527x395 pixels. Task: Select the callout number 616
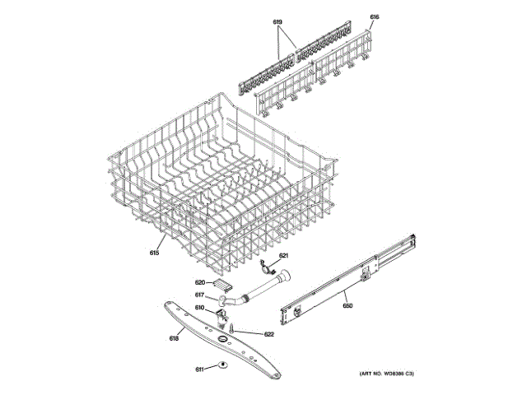375,17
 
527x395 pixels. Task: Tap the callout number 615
154,253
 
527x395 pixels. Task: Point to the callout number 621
284,256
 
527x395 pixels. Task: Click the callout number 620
199,282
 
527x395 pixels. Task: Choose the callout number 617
199,295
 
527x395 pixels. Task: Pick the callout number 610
199,308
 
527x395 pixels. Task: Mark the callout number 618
174,338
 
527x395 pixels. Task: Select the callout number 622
268,334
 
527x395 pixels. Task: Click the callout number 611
199,369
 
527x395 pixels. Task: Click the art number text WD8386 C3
386,374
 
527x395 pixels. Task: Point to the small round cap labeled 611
222,367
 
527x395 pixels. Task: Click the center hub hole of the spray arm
222,340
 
